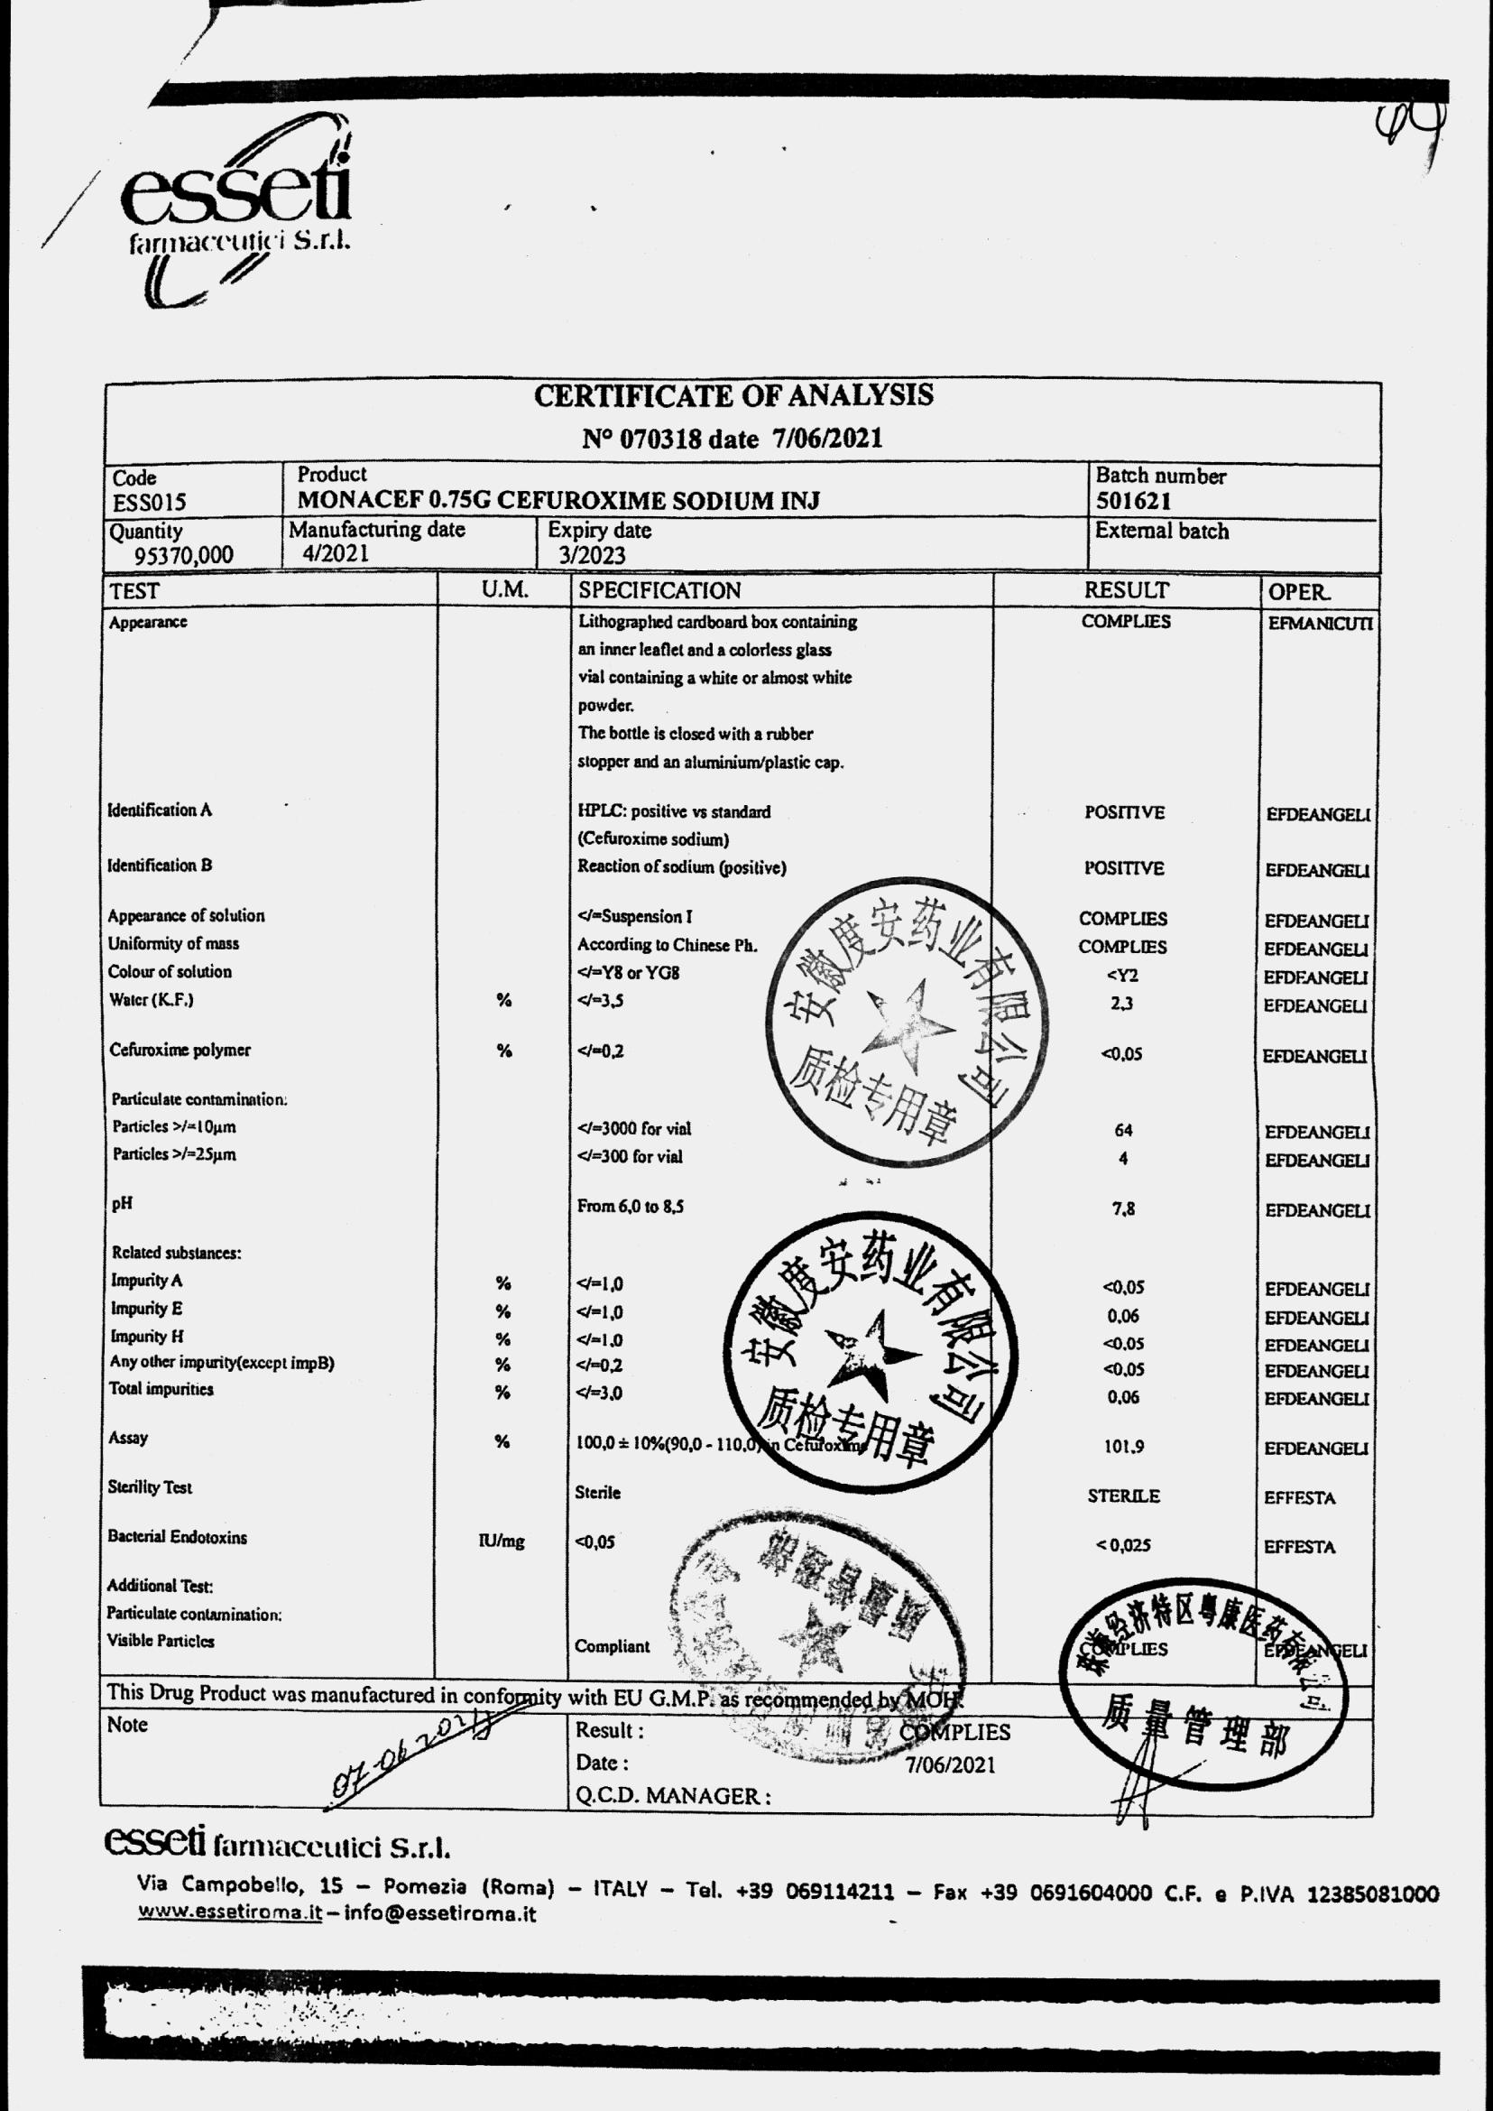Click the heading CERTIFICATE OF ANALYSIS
pyautogui.click(x=733, y=395)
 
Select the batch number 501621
pyautogui.click(x=1133, y=501)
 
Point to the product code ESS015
pyautogui.click(x=149, y=502)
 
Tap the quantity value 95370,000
pyautogui.click(x=184, y=556)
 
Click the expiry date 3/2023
pyautogui.click(x=591, y=556)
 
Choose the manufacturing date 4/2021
pyautogui.click(x=336, y=554)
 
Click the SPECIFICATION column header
pyautogui.click(x=659, y=590)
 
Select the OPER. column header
pyautogui.click(x=1298, y=592)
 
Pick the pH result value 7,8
pyautogui.click(x=1122, y=1208)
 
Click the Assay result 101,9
pyautogui.click(x=1123, y=1447)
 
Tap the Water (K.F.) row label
pyautogui.click(x=151, y=1000)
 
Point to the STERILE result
pyautogui.click(x=1123, y=1496)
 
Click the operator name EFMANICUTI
pyautogui.click(x=1319, y=624)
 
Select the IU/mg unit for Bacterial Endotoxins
pyautogui.click(x=501, y=1542)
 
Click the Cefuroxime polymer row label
pyautogui.click(x=180, y=1051)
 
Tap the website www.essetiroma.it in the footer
pyautogui.click(x=229, y=1912)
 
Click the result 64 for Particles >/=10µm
pyautogui.click(x=1122, y=1131)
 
